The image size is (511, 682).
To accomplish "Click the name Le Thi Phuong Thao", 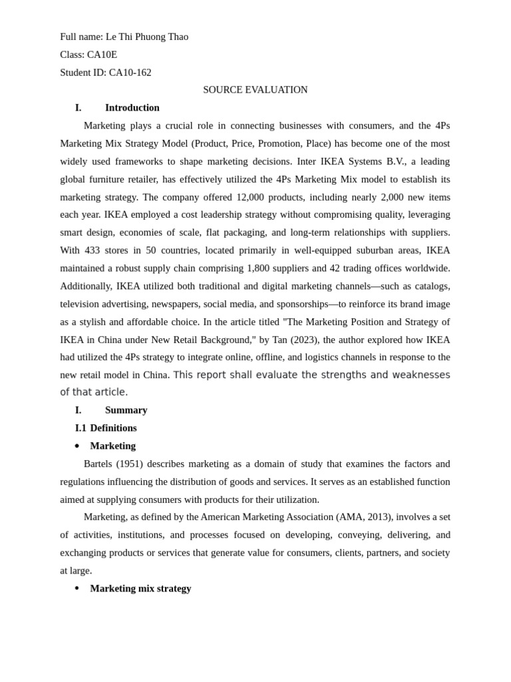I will pos(146,37).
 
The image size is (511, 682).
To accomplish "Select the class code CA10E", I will pos(102,55).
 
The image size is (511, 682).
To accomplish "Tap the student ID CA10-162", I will pos(130,73).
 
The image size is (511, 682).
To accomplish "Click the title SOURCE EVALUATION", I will pos(255,90).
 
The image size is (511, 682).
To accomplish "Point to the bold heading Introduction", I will pos(132,108).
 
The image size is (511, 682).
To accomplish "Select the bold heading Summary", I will pos(126,410).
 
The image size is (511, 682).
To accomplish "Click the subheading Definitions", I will pos(113,428).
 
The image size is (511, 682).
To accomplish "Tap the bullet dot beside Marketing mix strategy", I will pos(77,589).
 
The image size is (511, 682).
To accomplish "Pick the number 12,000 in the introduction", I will pos(251,197).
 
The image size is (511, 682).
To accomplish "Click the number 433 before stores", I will pos(92,250).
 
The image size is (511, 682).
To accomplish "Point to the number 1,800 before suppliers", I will pos(259,268).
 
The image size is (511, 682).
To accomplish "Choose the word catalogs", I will pos(429,286).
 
